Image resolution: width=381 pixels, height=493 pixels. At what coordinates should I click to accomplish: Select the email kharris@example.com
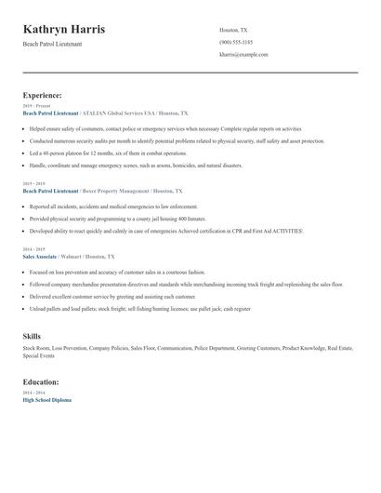243,55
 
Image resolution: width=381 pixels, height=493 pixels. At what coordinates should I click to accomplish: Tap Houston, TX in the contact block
233,30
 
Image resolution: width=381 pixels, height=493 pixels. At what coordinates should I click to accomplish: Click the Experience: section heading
43,95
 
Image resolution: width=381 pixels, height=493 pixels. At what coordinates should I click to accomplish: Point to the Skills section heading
32,335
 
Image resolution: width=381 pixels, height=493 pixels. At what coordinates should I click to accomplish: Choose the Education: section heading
42,382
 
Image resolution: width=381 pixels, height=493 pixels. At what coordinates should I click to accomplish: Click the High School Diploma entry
46,400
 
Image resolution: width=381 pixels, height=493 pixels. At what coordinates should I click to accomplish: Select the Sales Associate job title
40,255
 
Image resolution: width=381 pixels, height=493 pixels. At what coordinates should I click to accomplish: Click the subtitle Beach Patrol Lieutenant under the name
52,44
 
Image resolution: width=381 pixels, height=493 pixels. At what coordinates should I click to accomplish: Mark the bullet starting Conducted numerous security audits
177,140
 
